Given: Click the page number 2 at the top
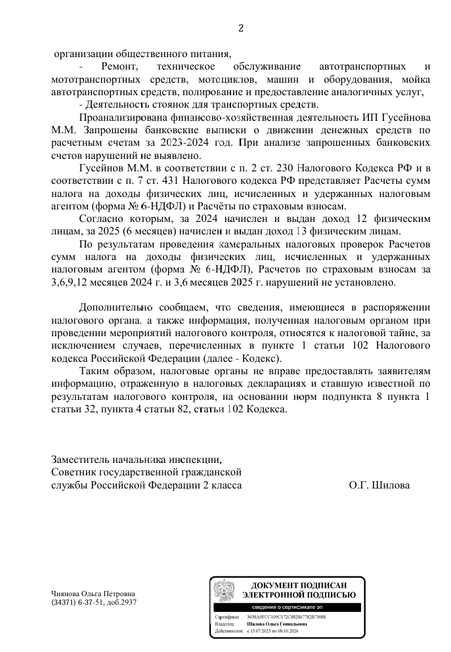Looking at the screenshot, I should pyautogui.click(x=240, y=28).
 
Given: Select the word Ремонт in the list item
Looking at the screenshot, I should pyautogui.click(x=120, y=68).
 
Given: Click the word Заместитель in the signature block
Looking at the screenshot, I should pyautogui.click(x=83, y=459).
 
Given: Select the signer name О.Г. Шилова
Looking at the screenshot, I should pyautogui.click(x=379, y=485).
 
